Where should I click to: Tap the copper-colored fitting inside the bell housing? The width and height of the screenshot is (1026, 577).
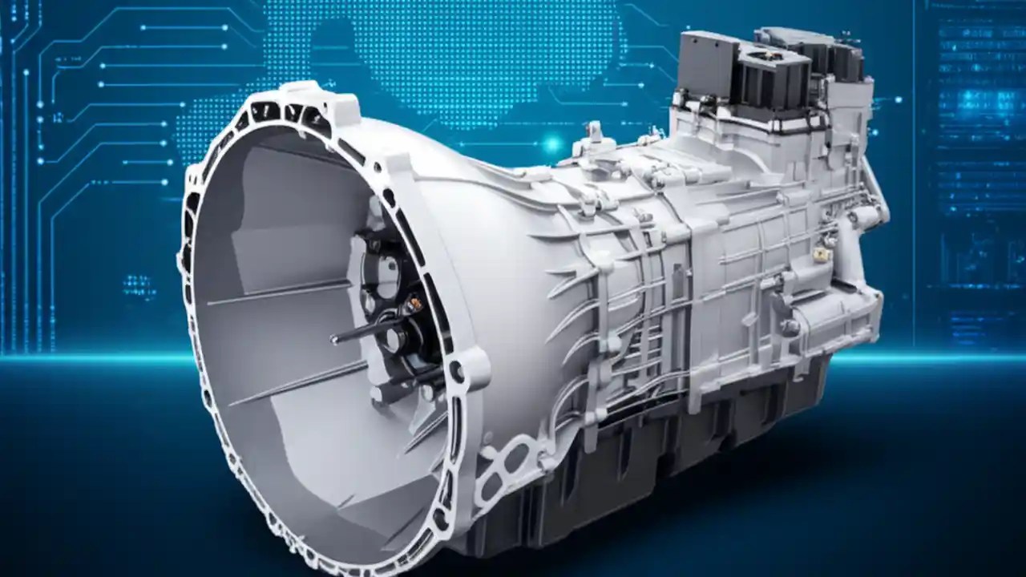[x=414, y=305]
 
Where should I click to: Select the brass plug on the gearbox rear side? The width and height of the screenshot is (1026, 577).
[x=820, y=255]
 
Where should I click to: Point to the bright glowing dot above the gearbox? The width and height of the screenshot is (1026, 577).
[x=551, y=144]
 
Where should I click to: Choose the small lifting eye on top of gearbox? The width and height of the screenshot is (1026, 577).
[x=594, y=132]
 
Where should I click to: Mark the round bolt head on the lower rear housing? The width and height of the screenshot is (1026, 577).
[x=790, y=327]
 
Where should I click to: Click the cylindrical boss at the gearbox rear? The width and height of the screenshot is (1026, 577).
[x=866, y=216]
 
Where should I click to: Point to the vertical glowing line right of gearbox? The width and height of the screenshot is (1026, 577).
[x=914, y=160]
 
